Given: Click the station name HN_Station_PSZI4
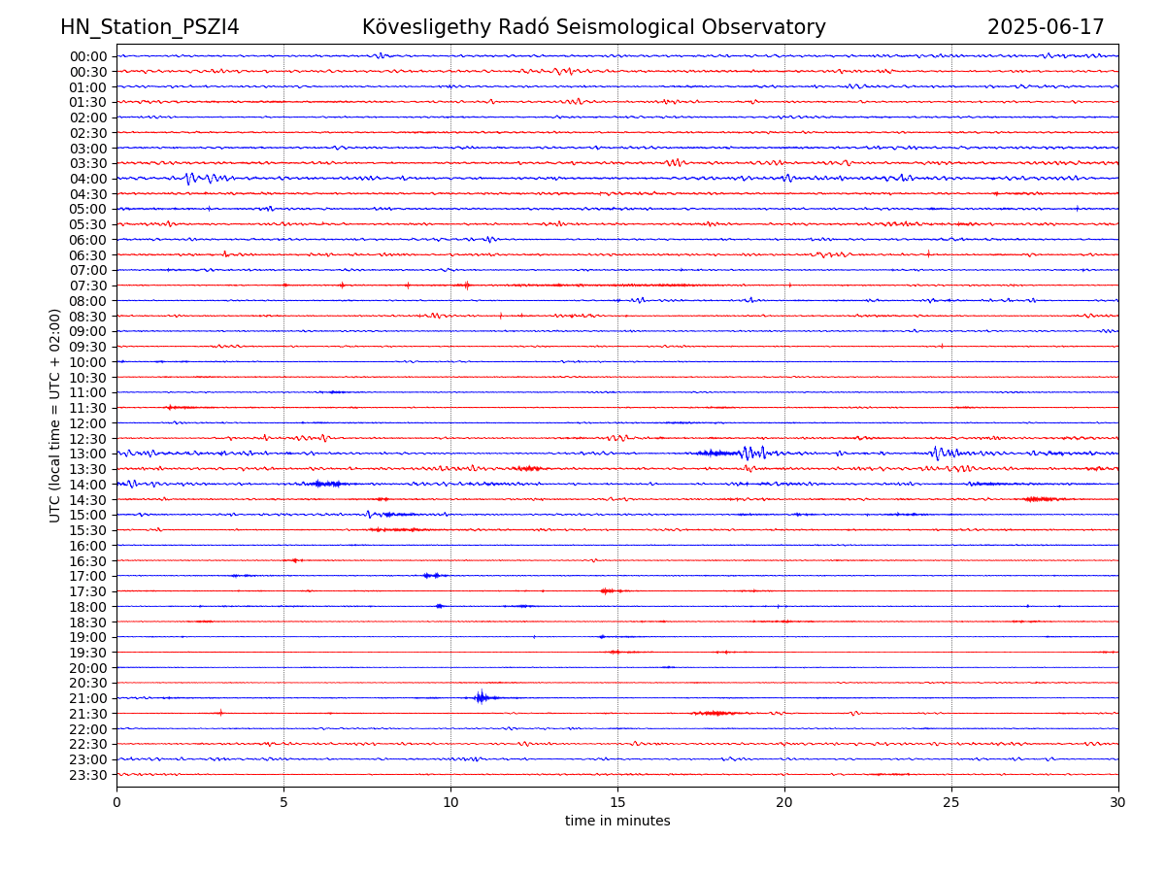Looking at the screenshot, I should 150,27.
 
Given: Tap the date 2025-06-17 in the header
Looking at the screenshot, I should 1046,27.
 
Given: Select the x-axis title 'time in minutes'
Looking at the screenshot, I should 617,822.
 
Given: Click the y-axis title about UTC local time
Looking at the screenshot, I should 55,415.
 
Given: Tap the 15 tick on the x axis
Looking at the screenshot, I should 617,802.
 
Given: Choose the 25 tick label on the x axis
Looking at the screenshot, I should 951,802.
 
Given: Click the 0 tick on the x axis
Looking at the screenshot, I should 116,802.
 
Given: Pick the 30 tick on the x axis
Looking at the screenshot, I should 1118,802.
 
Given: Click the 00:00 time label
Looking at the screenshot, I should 88,56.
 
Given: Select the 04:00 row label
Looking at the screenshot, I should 88,179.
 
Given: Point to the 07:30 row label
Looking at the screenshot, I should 88,286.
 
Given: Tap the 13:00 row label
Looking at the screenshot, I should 88,454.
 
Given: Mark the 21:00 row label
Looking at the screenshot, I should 88,698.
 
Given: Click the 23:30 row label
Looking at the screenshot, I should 88,775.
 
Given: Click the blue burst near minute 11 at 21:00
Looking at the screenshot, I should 481,697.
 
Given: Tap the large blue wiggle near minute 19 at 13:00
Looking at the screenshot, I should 749,453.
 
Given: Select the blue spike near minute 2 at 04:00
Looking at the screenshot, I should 188,178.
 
